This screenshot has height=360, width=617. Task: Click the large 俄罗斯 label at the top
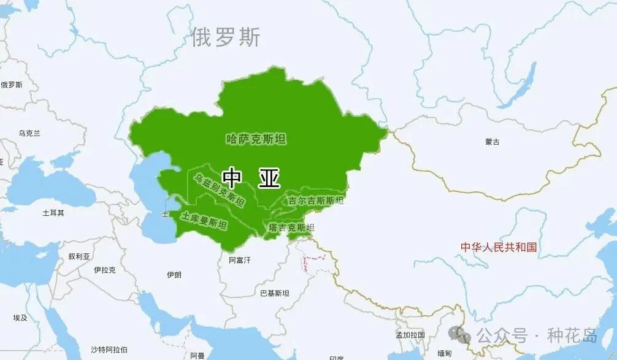(x=226, y=37)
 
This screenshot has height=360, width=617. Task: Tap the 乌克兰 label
(x=29, y=133)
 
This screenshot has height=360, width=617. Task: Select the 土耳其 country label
(x=53, y=213)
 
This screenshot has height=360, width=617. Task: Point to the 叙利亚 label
(x=79, y=256)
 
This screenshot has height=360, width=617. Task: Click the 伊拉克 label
(x=105, y=269)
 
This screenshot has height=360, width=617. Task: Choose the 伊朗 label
(x=174, y=275)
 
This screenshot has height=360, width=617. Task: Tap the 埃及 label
(x=20, y=318)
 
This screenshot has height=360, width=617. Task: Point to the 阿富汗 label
(x=240, y=260)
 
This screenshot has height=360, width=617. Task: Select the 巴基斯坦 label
(x=274, y=293)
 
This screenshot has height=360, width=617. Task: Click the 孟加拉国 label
(x=410, y=335)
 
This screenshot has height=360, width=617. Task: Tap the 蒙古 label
(x=492, y=142)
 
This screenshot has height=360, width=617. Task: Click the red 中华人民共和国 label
(x=499, y=247)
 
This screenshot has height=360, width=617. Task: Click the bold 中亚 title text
(x=251, y=178)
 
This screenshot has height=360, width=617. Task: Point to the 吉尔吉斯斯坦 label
(x=316, y=201)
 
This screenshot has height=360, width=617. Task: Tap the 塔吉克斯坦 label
(x=291, y=228)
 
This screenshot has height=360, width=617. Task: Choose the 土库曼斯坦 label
(x=204, y=221)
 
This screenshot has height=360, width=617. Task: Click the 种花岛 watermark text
(x=572, y=336)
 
